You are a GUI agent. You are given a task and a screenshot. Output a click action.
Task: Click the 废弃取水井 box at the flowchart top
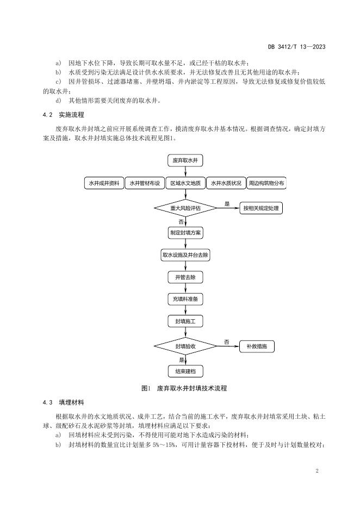[185, 160]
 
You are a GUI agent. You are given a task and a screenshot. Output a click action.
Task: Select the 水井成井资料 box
[104, 183]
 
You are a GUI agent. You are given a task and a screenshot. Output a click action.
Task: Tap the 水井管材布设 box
[145, 183]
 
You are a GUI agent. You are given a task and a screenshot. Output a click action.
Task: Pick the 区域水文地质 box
[185, 183]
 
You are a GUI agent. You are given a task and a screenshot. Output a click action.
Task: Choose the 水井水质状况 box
[226, 183]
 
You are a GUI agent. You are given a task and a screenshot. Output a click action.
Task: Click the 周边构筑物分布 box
[266, 183]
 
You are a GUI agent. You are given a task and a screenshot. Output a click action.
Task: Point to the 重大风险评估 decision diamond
[185, 208]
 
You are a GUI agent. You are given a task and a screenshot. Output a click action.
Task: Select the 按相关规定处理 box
[261, 208]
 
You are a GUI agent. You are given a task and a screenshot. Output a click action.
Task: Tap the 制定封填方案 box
[185, 233]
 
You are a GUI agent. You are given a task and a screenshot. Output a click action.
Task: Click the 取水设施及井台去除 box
[185, 255]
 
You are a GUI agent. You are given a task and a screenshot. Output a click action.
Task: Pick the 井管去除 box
[185, 277]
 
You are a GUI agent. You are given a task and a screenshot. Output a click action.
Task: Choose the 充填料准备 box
[185, 299]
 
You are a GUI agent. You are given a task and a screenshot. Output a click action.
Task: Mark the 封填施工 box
[185, 321]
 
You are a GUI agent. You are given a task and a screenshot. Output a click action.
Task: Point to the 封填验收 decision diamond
[185, 346]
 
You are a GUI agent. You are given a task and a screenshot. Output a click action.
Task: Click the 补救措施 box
[257, 346]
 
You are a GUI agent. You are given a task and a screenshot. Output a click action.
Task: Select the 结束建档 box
[185, 371]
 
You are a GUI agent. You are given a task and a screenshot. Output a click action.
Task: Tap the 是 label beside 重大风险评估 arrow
[227, 204]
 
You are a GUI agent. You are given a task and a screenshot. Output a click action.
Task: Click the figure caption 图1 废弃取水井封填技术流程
[184, 388]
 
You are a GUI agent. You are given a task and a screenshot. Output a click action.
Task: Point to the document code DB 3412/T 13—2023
[297, 47]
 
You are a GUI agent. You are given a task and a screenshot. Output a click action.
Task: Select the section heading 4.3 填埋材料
[63, 402]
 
